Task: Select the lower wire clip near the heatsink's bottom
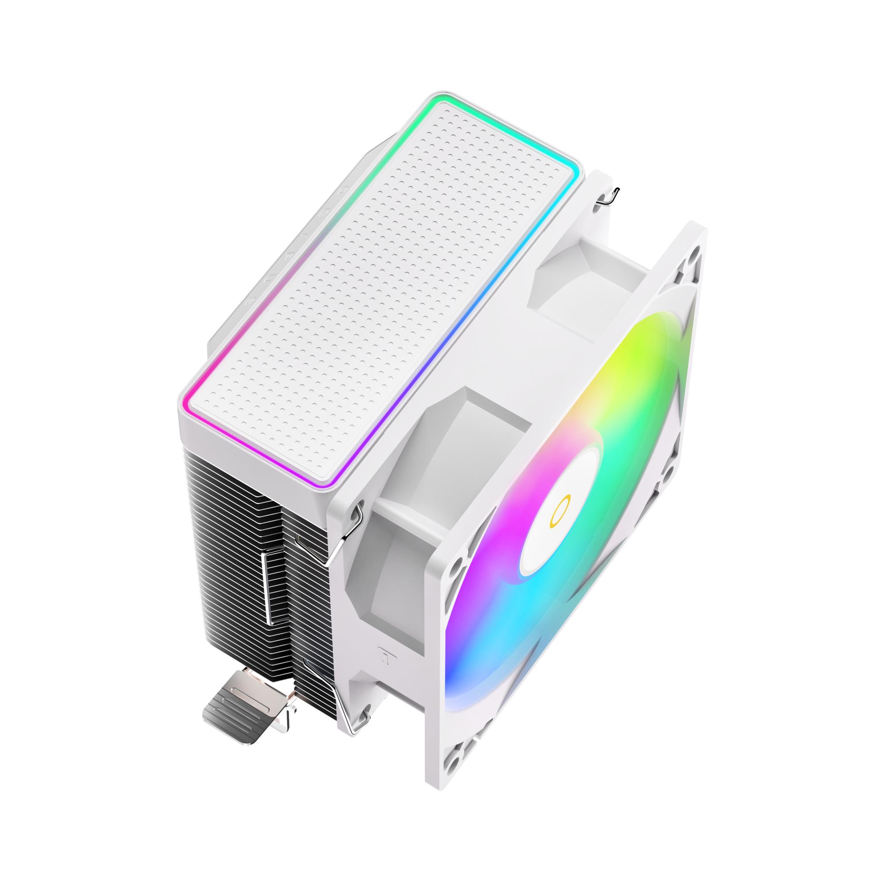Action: [321, 673]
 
